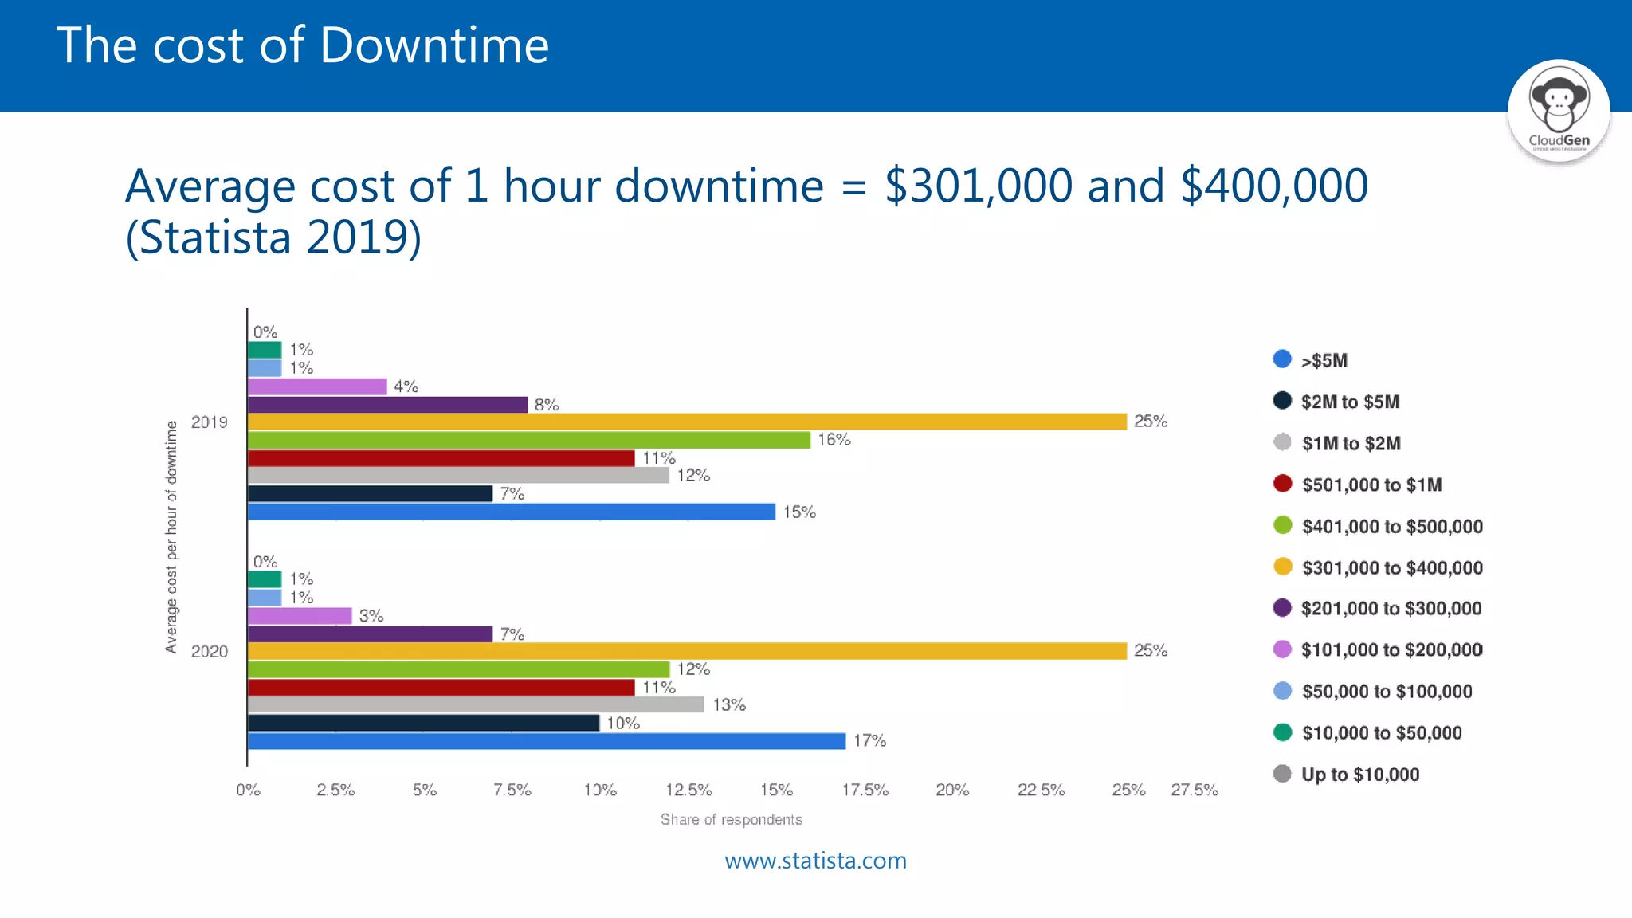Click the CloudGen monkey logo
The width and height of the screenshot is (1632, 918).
(1559, 110)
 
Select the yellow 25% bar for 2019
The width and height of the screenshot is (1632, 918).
(687, 422)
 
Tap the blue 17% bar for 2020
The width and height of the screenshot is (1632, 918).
(547, 741)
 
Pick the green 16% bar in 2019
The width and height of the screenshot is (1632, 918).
(529, 440)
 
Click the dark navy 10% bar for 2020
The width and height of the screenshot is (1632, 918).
(423, 723)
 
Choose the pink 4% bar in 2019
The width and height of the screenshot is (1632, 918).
(317, 386)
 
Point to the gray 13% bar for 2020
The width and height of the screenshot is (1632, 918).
(476, 704)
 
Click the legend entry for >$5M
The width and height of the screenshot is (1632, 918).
(1324, 360)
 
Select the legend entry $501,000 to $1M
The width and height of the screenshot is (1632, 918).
(1371, 484)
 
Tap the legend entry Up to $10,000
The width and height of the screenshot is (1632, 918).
(1359, 775)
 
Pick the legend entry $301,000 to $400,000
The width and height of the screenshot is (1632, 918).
(1391, 567)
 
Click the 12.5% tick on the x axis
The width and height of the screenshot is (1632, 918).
(688, 790)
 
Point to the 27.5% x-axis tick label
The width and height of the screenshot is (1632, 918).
(1194, 790)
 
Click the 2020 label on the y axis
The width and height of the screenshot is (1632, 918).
(210, 652)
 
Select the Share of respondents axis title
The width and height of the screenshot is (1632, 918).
(731, 819)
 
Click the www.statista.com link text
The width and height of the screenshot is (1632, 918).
(815, 861)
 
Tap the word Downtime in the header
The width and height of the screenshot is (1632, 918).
(434, 45)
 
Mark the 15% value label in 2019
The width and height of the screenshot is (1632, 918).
(799, 512)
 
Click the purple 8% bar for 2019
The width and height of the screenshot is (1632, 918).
(387, 405)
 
